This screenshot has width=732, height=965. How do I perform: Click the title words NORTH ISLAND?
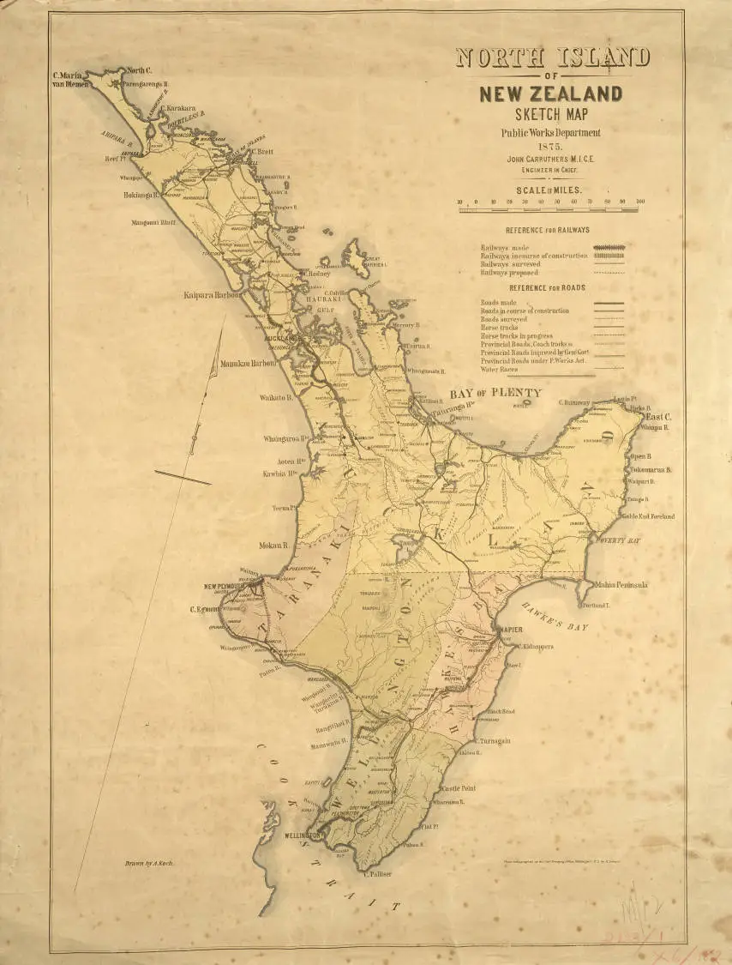click(552, 58)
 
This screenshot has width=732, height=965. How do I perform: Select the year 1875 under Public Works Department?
click(552, 146)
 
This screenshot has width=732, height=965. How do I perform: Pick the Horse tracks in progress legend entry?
click(522, 335)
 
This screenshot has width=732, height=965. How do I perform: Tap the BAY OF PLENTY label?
click(496, 393)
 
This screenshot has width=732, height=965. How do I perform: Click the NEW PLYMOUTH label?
click(226, 588)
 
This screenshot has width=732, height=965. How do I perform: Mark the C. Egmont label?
click(206, 610)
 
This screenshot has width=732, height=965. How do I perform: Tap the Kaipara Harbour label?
click(214, 295)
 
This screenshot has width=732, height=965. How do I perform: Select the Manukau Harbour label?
click(249, 364)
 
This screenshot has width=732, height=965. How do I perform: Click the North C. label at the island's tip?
click(139, 69)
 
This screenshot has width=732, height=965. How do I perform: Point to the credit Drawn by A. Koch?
click(149, 862)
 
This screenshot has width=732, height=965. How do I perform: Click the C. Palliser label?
click(377, 875)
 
